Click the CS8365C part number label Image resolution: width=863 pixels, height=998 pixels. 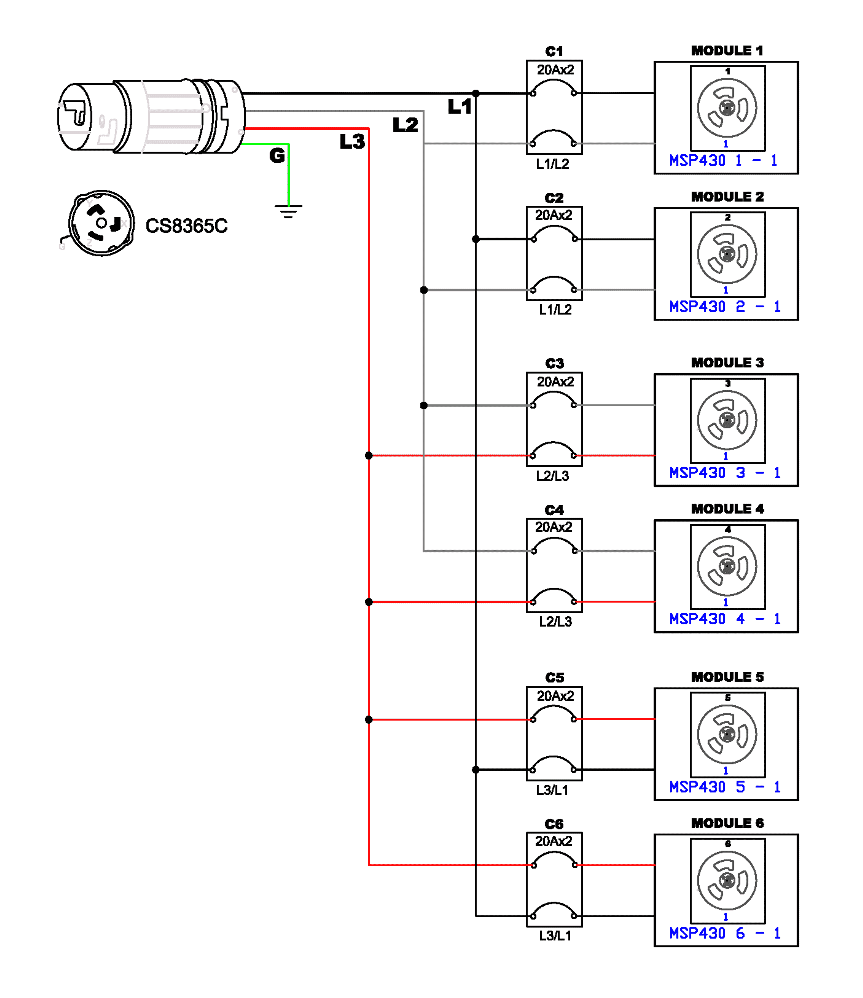point(186,226)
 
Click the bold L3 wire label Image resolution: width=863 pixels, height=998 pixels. point(352,142)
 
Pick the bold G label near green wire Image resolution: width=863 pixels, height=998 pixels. point(277,156)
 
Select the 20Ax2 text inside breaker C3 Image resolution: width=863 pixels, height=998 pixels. point(555,382)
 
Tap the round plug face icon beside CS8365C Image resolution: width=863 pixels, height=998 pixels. point(101,223)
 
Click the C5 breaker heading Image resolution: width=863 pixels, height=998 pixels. point(554,678)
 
